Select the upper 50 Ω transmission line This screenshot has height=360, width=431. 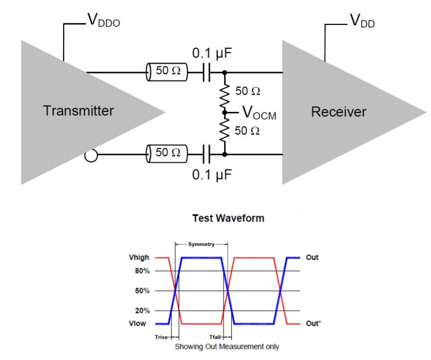pyautogui.click(x=167, y=72)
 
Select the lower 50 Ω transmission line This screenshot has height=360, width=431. pyautogui.click(x=167, y=152)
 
